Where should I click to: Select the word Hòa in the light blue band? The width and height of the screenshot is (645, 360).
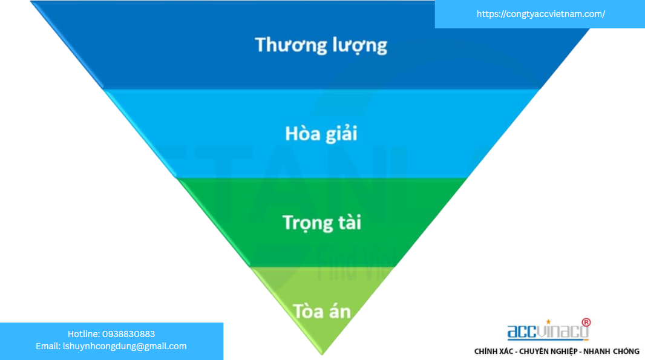click(303, 133)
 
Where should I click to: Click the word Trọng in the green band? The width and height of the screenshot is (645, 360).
click(307, 223)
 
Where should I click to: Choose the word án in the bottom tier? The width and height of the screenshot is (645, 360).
click(339, 311)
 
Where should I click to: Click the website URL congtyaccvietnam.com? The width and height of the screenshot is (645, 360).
click(540, 14)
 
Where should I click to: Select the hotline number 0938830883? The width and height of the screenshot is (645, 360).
click(129, 334)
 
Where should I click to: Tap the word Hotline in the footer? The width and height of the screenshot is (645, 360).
click(83, 334)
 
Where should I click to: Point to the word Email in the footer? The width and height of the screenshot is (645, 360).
click(47, 346)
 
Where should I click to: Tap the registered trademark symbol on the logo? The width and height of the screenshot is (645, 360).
click(586, 322)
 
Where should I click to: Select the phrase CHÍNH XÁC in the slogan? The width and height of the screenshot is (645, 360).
click(495, 352)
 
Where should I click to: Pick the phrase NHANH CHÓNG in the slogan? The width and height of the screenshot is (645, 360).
click(612, 352)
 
